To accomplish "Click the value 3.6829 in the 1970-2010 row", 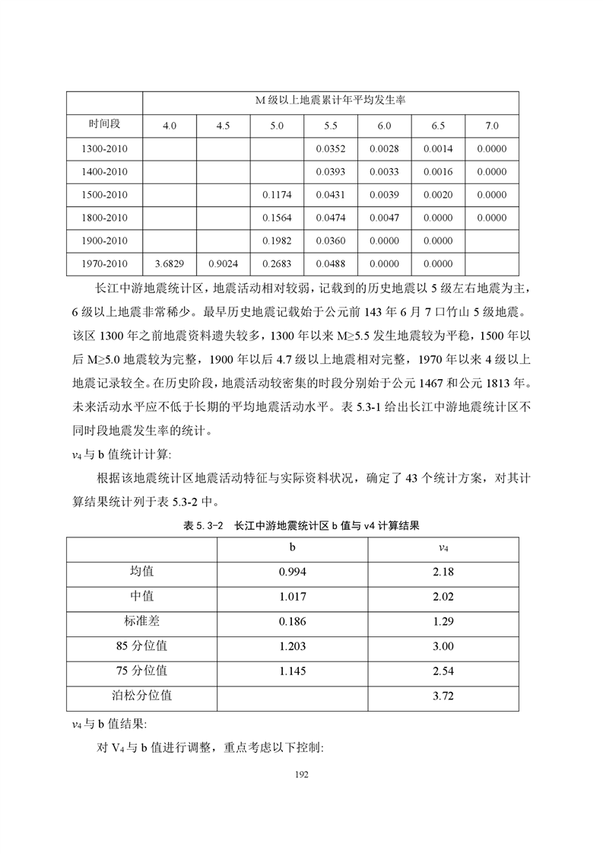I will coord(170,264).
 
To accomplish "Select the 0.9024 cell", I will coord(223,264).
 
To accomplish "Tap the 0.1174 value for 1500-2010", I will coord(277,195).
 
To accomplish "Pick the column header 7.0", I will coord(491,126).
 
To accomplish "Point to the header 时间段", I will coord(104,124).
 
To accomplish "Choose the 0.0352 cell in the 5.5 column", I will coord(330,149).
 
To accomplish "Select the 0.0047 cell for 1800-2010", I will coord(384,218).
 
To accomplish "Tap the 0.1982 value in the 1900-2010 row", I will coord(277,241).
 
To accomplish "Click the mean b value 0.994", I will coord(293,572).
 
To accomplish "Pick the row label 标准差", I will coord(142,621).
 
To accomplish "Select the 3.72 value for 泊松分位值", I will coord(443,696).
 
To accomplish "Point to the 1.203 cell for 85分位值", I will coord(293,646).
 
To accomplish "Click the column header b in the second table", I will coord(293,547).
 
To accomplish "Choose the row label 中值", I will coord(142,596).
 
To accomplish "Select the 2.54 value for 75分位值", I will coord(443,671).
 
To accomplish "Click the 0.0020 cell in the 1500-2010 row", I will coord(438,195).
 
